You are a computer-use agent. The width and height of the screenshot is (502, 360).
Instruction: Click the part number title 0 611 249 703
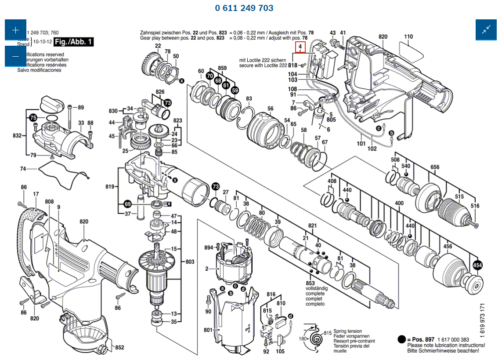tap(244, 8)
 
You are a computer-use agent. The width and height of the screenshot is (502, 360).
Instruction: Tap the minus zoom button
tap(15, 56)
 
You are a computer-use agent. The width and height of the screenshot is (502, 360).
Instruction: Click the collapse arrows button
tap(486, 30)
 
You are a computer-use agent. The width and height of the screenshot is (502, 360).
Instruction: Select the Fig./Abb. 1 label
tap(73, 42)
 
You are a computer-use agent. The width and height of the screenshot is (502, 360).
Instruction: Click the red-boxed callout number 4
tap(300, 47)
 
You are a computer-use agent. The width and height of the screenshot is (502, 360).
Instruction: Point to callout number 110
tap(408, 36)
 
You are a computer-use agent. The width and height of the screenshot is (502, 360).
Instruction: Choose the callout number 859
tap(222, 68)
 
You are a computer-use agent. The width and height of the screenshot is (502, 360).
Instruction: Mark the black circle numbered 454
tap(477, 265)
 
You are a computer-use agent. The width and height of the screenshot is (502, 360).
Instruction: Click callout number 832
tap(18, 136)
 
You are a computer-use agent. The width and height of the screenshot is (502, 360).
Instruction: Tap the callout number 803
tap(190, 262)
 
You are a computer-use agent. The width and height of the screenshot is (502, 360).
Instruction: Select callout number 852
tap(119, 348)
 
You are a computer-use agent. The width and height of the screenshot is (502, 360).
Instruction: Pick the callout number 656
tap(435, 167)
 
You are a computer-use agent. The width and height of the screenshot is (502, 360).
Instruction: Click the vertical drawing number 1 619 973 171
tap(482, 320)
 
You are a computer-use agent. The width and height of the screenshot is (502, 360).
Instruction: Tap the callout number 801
tap(208, 330)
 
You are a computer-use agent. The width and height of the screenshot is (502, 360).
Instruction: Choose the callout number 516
tap(475, 206)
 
